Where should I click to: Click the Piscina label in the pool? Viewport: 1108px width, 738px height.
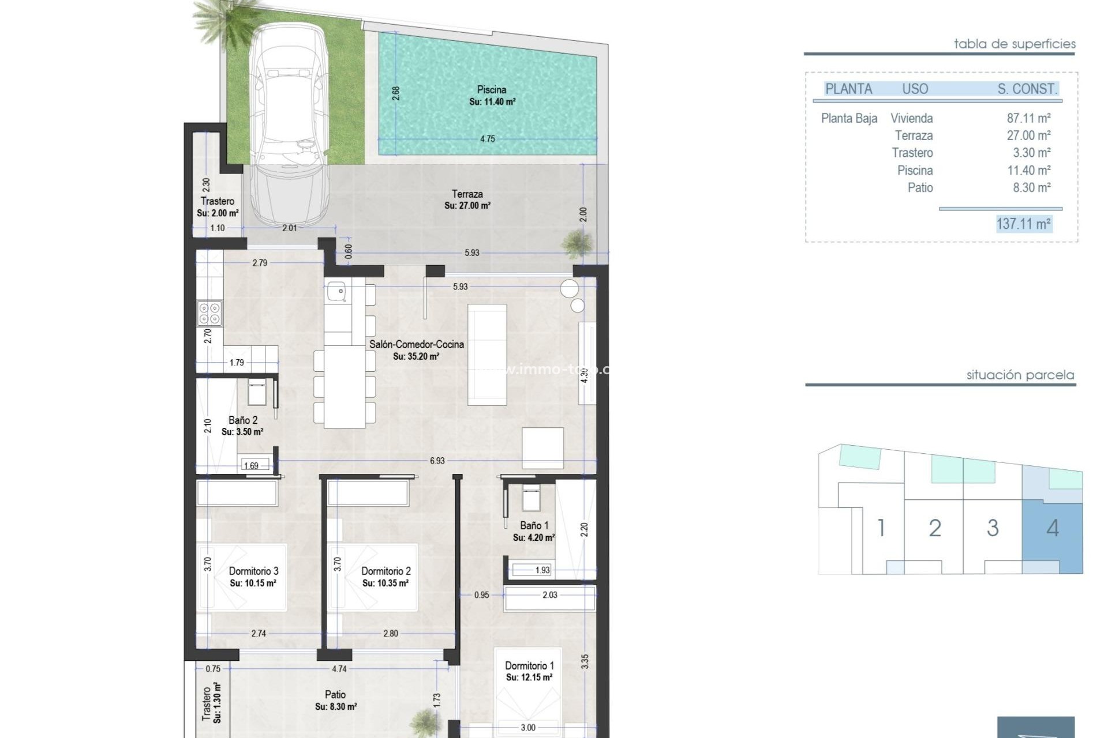click(x=492, y=90)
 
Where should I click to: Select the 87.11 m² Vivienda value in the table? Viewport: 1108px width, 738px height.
click(x=1028, y=118)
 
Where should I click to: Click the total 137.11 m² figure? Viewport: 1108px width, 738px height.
click(x=1023, y=224)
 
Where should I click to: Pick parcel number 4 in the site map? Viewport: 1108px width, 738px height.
click(x=1052, y=528)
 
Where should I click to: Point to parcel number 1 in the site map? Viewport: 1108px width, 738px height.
click(x=881, y=528)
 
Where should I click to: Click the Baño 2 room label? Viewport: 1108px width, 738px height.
click(x=242, y=420)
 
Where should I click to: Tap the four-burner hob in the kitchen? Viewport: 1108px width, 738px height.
click(x=209, y=314)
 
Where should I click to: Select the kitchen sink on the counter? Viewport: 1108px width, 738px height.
click(x=336, y=291)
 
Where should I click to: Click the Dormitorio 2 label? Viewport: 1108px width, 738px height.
click(x=385, y=571)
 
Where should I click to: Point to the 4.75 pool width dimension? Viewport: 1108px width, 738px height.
click(x=487, y=139)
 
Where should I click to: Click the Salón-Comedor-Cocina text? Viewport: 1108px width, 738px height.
click(x=416, y=344)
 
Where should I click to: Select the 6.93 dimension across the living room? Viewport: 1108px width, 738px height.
click(x=437, y=461)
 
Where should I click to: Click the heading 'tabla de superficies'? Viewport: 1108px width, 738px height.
click(x=1014, y=44)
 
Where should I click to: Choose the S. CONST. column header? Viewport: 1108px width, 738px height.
click(x=1027, y=89)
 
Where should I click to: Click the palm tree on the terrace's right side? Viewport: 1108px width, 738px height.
click(x=577, y=244)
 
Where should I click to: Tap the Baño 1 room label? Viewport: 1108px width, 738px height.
click(x=534, y=526)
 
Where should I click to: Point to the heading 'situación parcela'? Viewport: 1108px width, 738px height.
click(x=1020, y=375)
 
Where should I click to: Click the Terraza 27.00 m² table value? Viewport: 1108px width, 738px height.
click(x=1028, y=135)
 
